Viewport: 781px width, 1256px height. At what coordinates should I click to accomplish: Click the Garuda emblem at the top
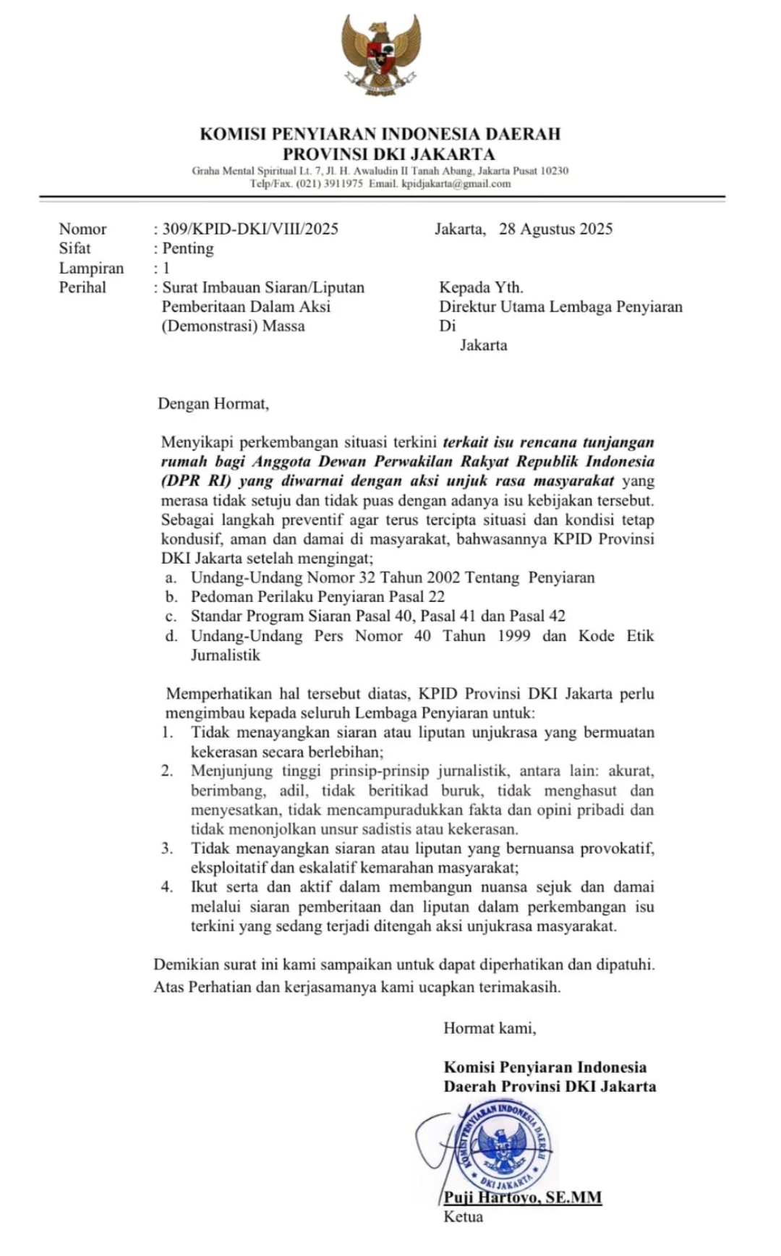click(381, 55)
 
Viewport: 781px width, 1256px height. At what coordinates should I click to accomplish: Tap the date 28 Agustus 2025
click(555, 229)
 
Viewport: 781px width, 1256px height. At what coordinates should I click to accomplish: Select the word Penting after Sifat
click(188, 249)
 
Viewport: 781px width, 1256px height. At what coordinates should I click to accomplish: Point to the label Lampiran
click(91, 268)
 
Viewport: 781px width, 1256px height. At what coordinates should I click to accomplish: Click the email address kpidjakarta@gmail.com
click(456, 184)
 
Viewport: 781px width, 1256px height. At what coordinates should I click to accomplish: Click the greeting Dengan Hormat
click(213, 404)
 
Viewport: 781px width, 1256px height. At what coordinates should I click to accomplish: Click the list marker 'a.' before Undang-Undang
click(171, 578)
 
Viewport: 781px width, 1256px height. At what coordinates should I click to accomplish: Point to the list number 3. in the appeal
click(167, 849)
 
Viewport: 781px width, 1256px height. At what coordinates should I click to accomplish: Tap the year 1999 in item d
click(513, 636)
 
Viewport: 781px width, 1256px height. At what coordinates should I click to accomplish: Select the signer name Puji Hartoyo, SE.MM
click(523, 1197)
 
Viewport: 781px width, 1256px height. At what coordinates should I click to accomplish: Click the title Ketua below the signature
click(464, 1217)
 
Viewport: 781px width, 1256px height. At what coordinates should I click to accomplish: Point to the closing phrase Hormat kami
click(490, 1028)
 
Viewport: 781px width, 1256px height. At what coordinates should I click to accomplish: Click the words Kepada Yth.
click(481, 287)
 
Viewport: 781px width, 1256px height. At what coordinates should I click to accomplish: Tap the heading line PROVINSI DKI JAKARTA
click(389, 154)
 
